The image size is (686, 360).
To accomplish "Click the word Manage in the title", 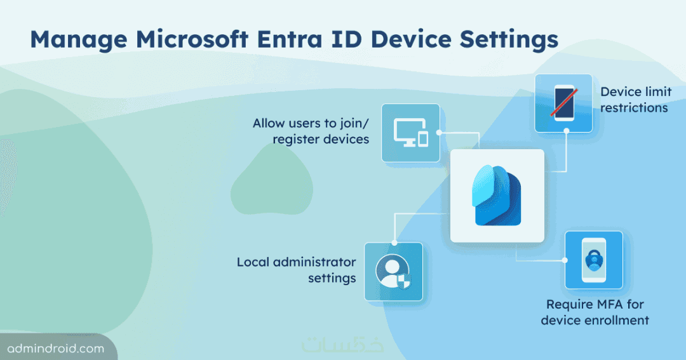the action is (79, 40).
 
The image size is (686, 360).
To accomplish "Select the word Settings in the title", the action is (509, 40).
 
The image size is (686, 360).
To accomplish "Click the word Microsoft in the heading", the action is (192, 39).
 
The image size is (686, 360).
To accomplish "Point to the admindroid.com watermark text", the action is (56, 349).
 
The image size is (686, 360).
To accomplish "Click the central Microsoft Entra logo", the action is (497, 195).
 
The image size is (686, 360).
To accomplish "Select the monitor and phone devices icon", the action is (411, 133).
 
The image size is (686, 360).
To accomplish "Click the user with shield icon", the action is (393, 272).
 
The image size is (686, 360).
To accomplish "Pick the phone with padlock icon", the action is (594, 260).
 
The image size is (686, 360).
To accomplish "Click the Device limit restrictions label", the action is (635, 100).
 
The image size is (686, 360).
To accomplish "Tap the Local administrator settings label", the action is (296, 270).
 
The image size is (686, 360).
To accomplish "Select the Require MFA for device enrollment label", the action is (595, 312).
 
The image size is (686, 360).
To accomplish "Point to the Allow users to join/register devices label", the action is (311, 131).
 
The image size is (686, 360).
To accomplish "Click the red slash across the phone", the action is (564, 103).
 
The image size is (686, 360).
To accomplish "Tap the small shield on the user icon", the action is (403, 282).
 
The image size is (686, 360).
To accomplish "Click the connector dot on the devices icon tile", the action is (439, 132).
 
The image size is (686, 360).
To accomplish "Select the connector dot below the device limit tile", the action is (566, 131).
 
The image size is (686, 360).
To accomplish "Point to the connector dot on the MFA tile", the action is (565, 260).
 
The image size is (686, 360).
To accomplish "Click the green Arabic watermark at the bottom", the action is (342, 344).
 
